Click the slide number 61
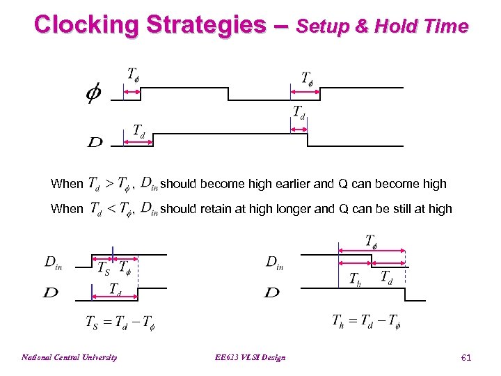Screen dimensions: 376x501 [x=466, y=358]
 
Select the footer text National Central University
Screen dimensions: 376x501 [x=70, y=358]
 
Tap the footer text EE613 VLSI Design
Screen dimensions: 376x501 [x=251, y=358]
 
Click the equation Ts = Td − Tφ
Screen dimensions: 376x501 [x=120, y=322]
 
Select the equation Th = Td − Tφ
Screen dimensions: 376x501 [x=366, y=321]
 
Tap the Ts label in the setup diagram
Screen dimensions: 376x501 [x=103, y=268]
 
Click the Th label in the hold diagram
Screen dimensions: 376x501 [x=355, y=279]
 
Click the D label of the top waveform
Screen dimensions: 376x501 [x=95, y=143]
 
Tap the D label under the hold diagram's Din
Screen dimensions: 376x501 [x=271, y=292]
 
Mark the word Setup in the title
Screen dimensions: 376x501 [x=325, y=26]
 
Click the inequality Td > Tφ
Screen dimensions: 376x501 [x=109, y=184]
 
